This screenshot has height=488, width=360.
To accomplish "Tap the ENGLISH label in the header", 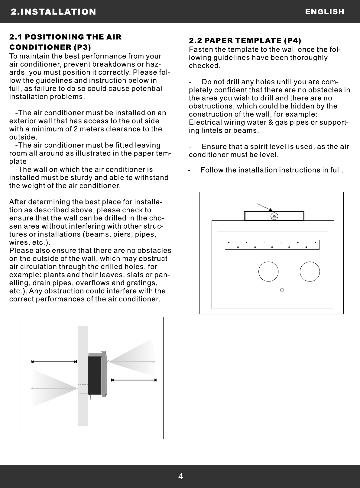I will [325, 12].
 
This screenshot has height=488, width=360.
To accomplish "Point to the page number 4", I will [180, 477].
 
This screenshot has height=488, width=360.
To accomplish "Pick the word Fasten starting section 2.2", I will [199, 50].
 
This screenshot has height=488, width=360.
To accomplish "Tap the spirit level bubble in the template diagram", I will [274, 216].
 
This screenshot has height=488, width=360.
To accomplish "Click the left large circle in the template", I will [268, 271].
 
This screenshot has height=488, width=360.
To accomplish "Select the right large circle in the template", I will [310, 271].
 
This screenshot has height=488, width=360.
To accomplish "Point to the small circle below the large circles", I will [282, 290].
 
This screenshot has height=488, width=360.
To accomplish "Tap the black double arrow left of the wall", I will [54, 361].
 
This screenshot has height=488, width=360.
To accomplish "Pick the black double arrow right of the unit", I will [134, 380].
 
